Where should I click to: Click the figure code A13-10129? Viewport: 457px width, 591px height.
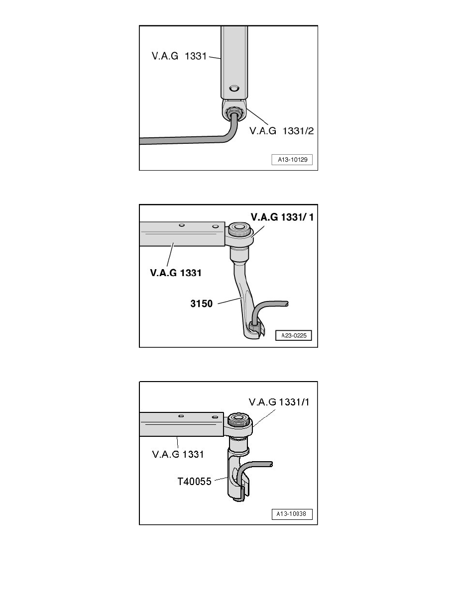[x=292, y=159]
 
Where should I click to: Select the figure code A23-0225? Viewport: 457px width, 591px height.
[x=294, y=335]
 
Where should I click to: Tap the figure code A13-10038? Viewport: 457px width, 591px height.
[x=292, y=514]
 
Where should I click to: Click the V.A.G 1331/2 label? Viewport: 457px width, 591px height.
[x=281, y=131]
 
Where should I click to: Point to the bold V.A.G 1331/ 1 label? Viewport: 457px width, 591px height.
[x=282, y=217]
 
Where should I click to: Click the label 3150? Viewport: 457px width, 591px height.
[x=201, y=304]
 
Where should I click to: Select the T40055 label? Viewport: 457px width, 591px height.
[x=194, y=482]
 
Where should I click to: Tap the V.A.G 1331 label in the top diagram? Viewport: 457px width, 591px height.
[x=179, y=56]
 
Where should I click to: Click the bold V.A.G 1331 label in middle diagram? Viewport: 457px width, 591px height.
[x=176, y=273]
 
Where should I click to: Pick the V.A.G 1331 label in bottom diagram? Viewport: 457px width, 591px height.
[x=178, y=454]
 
